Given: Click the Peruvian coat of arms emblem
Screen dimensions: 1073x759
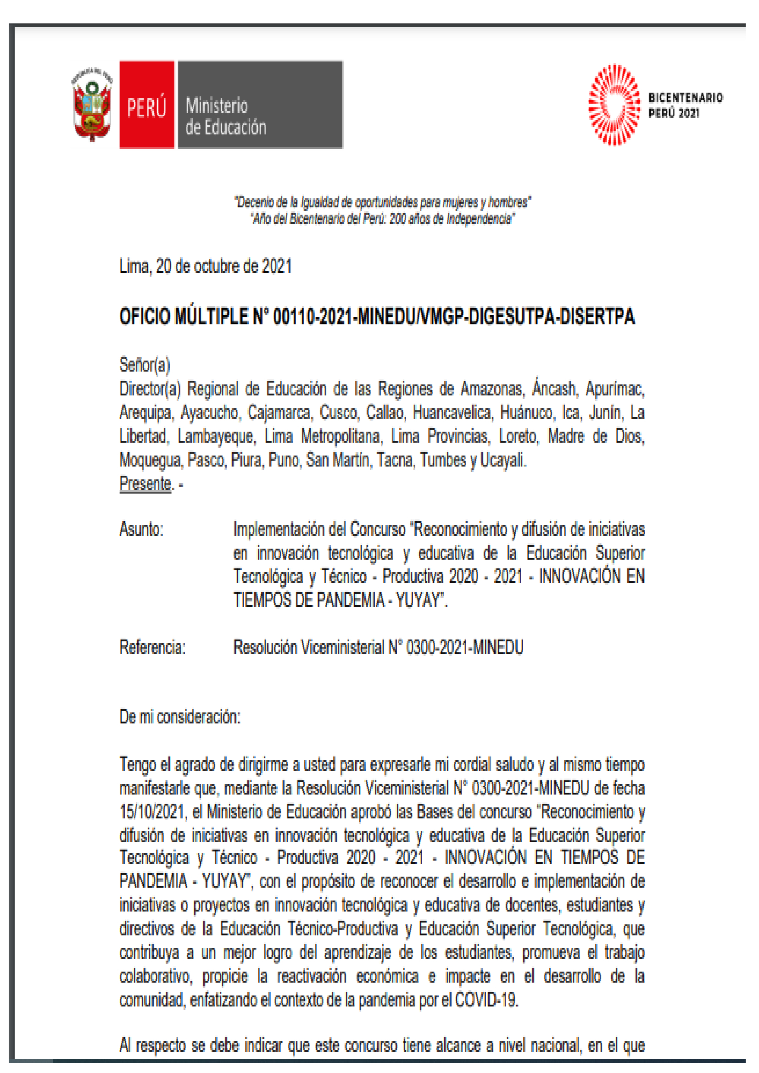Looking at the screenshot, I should [x=92, y=105].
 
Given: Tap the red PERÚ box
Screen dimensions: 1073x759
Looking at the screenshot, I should [x=147, y=105].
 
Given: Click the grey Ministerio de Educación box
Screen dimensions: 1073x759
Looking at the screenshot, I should [x=260, y=105].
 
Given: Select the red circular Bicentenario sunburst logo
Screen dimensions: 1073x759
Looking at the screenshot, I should [x=614, y=105].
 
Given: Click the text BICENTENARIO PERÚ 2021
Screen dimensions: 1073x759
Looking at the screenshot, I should [x=685, y=105].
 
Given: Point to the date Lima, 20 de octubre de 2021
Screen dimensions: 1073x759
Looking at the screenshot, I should [x=205, y=267].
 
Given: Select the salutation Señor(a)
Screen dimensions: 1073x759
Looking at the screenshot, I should [x=145, y=365].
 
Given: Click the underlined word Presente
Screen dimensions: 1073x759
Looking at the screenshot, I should [x=145, y=484].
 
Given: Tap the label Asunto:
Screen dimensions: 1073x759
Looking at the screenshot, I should [x=141, y=529].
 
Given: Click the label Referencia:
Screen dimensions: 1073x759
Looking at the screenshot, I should [x=152, y=648].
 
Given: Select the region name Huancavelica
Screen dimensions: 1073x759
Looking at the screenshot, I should [x=452, y=413].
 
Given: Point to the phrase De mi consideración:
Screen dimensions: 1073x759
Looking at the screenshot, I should [x=180, y=717].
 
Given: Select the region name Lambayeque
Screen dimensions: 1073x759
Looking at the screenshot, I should [x=216, y=436].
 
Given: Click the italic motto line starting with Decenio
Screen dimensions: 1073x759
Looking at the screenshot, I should [x=382, y=202].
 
